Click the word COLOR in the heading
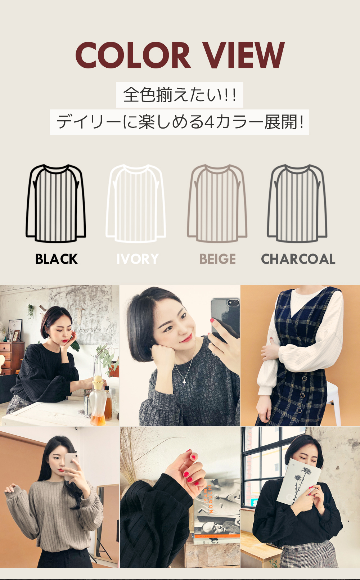point(133,55)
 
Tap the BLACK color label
point(57,259)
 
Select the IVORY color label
point(138,259)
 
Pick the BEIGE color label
point(217,259)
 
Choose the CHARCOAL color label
point(298,259)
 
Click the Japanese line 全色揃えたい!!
point(180,95)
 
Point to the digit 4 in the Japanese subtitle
point(210,122)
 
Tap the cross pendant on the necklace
point(184,382)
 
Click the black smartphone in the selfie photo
point(225,320)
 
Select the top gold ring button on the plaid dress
point(305,379)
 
